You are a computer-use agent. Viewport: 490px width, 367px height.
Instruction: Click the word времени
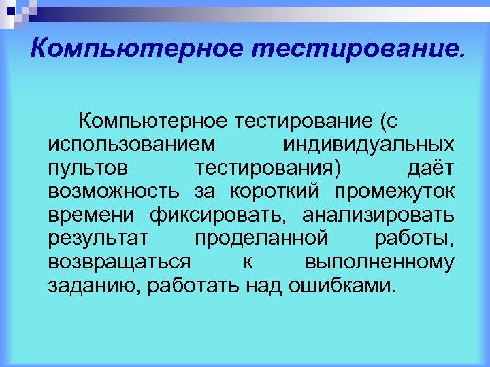coord(92,215)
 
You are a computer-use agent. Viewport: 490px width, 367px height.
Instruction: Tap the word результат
coord(103,239)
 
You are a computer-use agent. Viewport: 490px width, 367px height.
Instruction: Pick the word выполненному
coord(380,262)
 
